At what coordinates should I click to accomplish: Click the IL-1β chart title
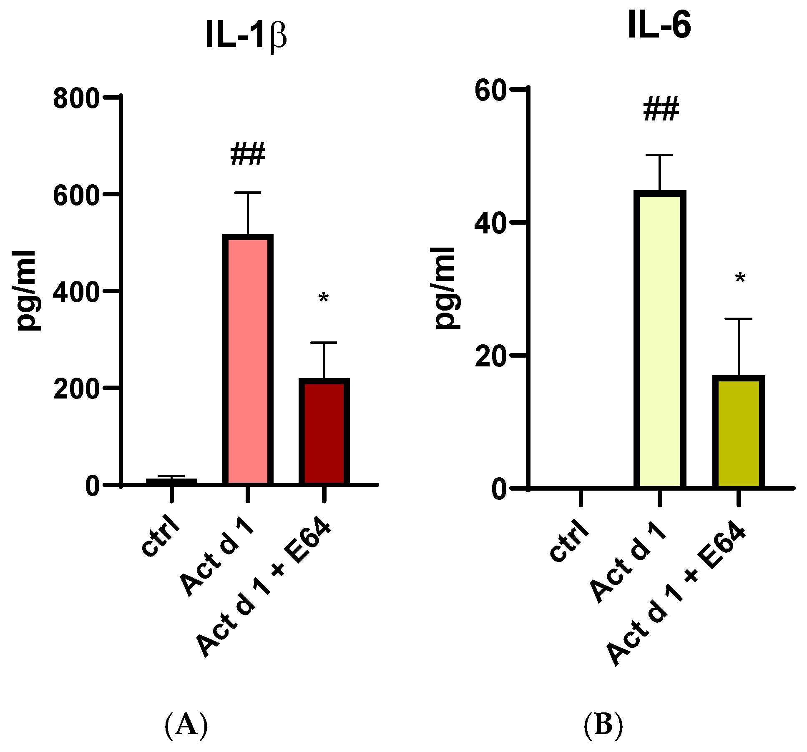tap(246, 37)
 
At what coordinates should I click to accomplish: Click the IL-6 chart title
tap(659, 25)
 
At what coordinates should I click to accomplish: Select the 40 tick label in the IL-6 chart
tap(490, 224)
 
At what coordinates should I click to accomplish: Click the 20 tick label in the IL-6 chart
tap(490, 357)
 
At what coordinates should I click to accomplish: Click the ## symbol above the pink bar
tap(248, 154)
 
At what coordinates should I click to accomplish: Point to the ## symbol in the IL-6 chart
tap(661, 110)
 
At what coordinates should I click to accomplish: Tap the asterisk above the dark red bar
tap(324, 298)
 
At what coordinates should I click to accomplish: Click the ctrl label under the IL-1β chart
tap(161, 538)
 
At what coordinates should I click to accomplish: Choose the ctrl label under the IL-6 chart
tap(569, 541)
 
